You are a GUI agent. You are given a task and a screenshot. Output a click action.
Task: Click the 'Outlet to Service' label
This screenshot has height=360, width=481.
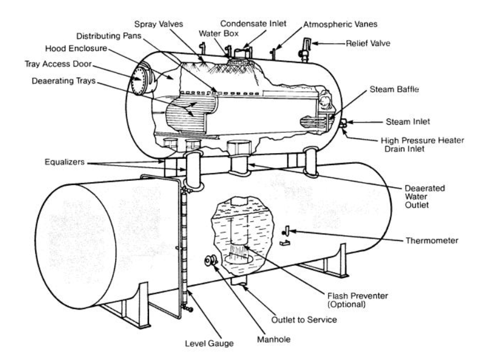[x=307, y=320]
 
